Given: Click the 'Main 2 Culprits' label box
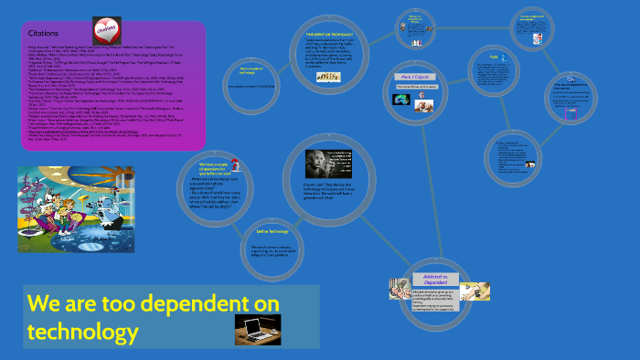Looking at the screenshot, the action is point(408,77).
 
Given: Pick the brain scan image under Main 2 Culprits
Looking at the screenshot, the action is point(400,107).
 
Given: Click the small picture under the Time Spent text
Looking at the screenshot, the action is point(323,78).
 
